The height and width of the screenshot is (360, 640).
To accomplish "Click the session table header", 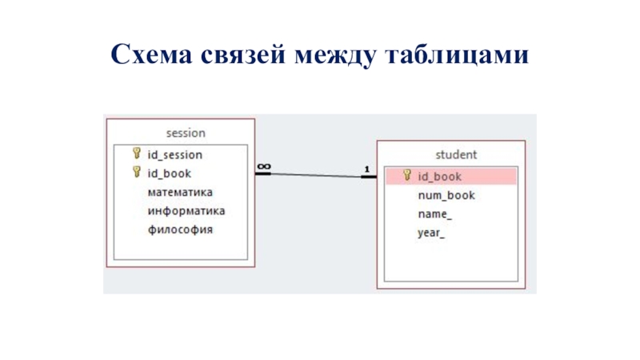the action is [x=186, y=133].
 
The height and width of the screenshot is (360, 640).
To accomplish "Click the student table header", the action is [x=456, y=154].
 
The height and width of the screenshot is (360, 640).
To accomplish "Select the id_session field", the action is [x=174, y=154].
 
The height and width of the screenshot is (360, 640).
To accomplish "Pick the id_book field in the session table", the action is [x=169, y=173].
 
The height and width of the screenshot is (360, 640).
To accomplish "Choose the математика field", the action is [x=180, y=192].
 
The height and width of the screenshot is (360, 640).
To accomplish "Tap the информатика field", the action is [x=186, y=211].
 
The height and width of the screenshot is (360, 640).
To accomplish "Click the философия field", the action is [x=180, y=230].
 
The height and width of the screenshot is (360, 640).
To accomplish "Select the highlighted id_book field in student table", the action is [x=439, y=176].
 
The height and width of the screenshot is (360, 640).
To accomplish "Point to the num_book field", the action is [x=446, y=195].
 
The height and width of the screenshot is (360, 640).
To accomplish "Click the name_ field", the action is [x=434, y=214].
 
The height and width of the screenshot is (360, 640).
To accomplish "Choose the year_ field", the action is [x=431, y=234].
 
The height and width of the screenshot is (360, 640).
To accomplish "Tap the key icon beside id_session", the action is [x=137, y=154].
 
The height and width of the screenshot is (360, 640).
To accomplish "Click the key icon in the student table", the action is [x=407, y=175].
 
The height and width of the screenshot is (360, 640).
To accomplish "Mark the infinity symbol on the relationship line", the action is [x=263, y=167].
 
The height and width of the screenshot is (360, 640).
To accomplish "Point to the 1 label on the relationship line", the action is [x=366, y=170].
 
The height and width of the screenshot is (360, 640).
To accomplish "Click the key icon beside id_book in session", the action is [x=137, y=172].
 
